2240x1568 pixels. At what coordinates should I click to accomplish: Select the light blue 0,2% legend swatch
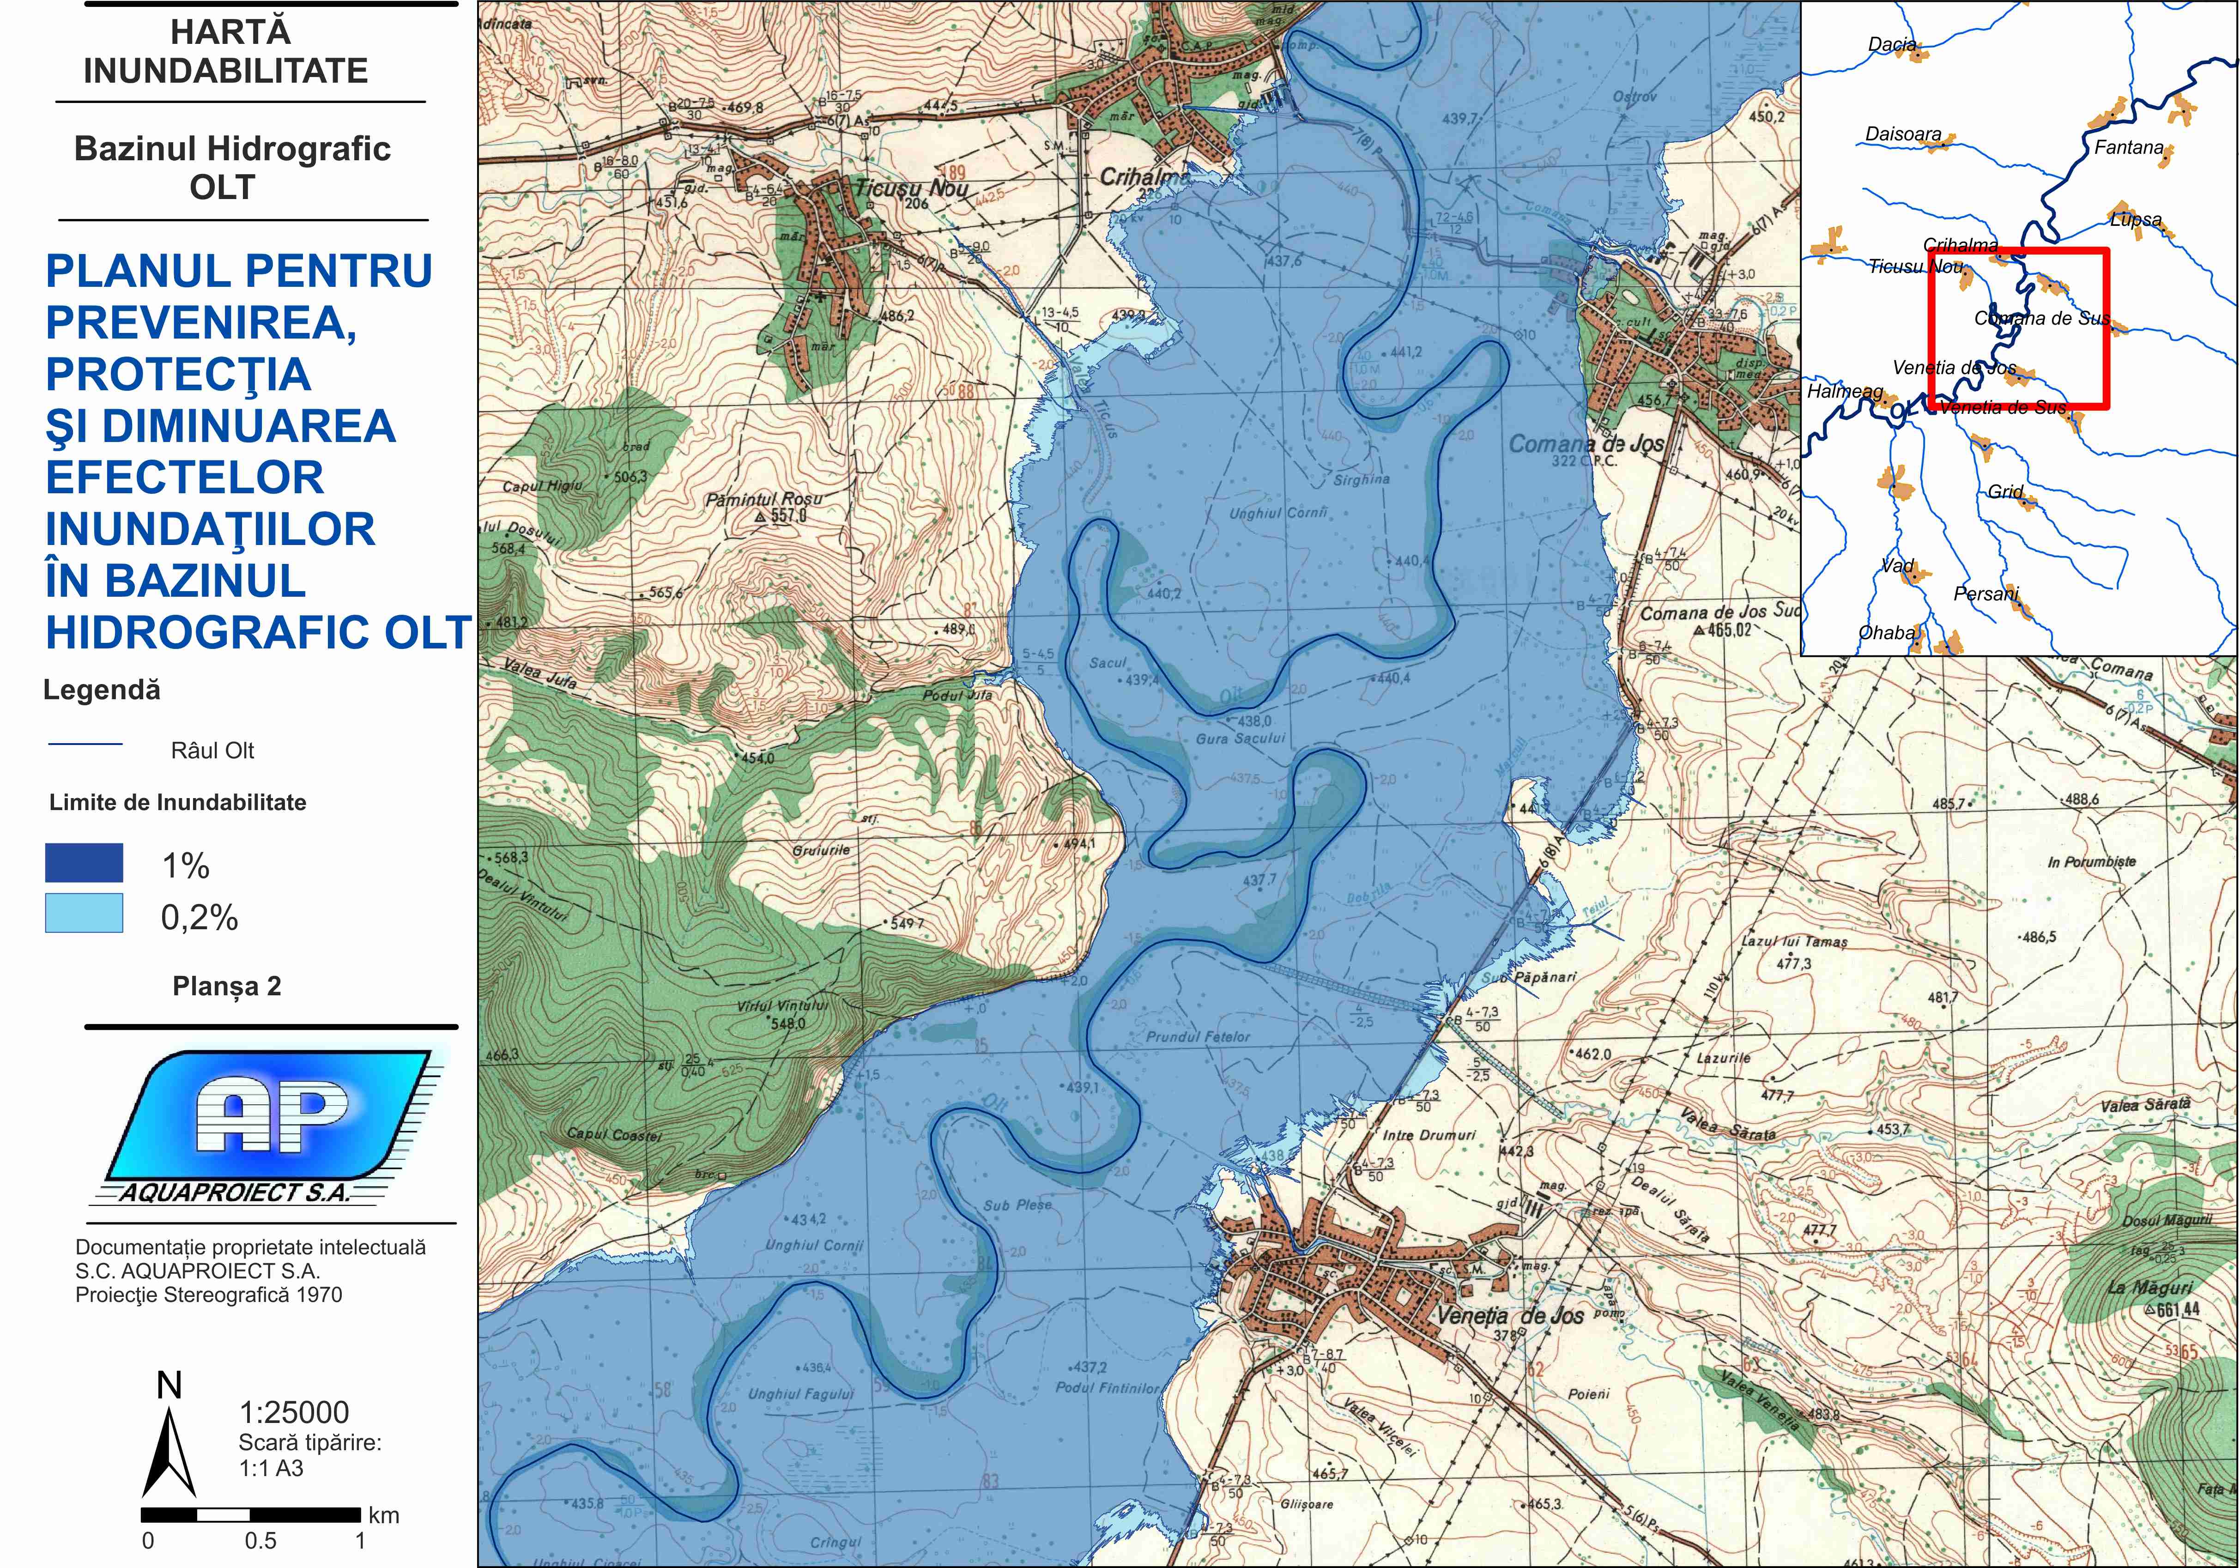pos(84,913)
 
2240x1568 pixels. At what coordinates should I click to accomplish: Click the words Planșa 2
pos(226,987)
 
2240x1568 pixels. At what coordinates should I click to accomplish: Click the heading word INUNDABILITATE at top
pos(225,71)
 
